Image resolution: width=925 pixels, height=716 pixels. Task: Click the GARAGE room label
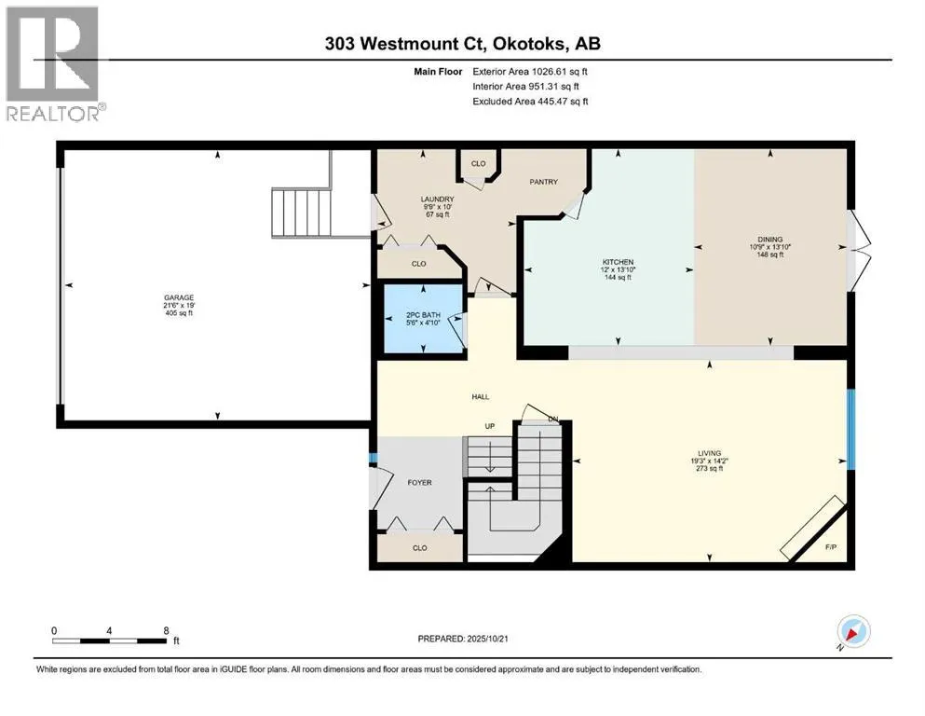coord(179,297)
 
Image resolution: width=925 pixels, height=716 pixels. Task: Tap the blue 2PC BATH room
coord(424,319)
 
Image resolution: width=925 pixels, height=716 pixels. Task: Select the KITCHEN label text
coord(618,262)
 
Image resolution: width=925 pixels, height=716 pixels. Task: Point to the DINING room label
coord(769,240)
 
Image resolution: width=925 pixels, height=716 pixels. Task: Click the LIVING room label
coord(709,453)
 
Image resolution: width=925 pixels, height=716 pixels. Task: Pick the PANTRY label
coord(543,182)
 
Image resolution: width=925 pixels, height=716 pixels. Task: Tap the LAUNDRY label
coord(437,200)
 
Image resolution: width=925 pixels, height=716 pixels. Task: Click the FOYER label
coord(419,482)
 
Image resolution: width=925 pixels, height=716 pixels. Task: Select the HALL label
coord(480,396)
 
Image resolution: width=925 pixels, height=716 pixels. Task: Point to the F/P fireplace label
coord(831,547)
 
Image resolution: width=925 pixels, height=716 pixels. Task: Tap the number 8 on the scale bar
coord(167,630)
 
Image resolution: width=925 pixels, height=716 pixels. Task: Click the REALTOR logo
coord(53,63)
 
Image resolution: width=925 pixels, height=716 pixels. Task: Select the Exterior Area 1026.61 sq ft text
coord(530,72)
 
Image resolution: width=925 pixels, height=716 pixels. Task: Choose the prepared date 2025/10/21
coord(487,639)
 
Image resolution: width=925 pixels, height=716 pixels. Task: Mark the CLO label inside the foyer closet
coord(419,548)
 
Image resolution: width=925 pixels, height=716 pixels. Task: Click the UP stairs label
coord(490,426)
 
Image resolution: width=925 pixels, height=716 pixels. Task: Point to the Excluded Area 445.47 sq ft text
coord(530,101)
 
